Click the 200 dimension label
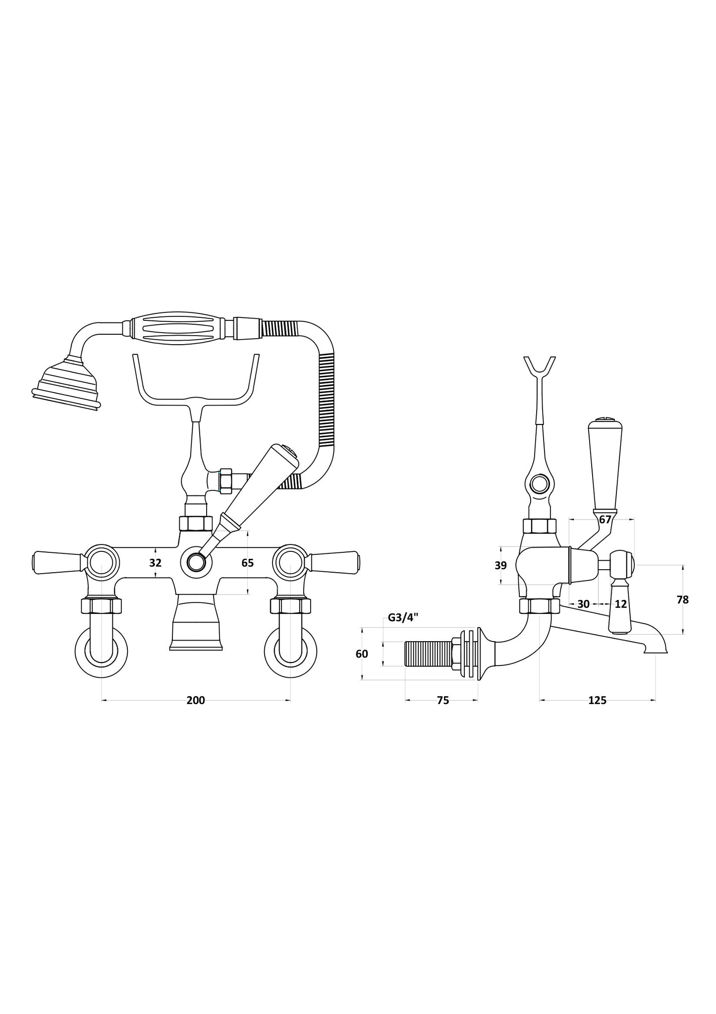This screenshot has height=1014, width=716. click(195, 700)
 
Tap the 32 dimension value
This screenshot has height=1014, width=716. click(155, 563)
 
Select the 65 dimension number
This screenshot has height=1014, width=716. click(247, 563)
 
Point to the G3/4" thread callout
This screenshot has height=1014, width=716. click(403, 617)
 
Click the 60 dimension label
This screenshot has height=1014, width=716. click(362, 654)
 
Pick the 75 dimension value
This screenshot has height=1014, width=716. click(442, 700)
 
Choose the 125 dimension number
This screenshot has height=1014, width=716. click(597, 700)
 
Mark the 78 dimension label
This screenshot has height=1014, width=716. click(682, 599)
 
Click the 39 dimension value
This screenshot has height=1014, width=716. click(500, 565)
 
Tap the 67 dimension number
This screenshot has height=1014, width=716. click(605, 520)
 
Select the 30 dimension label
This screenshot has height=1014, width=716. click(583, 604)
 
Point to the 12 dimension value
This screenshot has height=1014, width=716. click(620, 604)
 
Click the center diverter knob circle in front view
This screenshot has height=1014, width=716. click(196, 563)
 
